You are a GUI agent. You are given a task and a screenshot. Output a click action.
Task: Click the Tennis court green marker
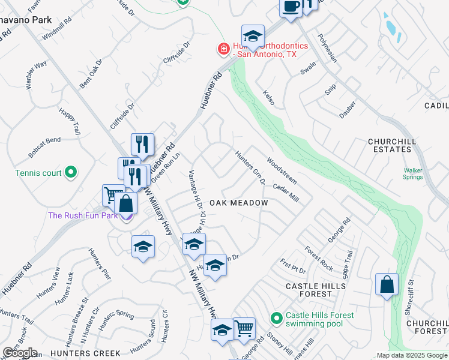(x=71, y=173)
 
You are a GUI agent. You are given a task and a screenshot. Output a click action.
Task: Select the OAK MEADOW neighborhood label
(x=238, y=203)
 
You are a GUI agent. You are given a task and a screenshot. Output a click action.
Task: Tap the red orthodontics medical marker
(x=223, y=49)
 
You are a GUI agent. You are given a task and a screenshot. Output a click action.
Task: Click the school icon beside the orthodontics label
(x=253, y=36)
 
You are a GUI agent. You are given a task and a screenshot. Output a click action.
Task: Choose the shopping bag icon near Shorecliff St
(x=387, y=284)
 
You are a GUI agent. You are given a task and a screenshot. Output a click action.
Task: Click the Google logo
(x=20, y=352)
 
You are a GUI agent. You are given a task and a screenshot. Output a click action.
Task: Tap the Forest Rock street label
(x=318, y=259)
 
